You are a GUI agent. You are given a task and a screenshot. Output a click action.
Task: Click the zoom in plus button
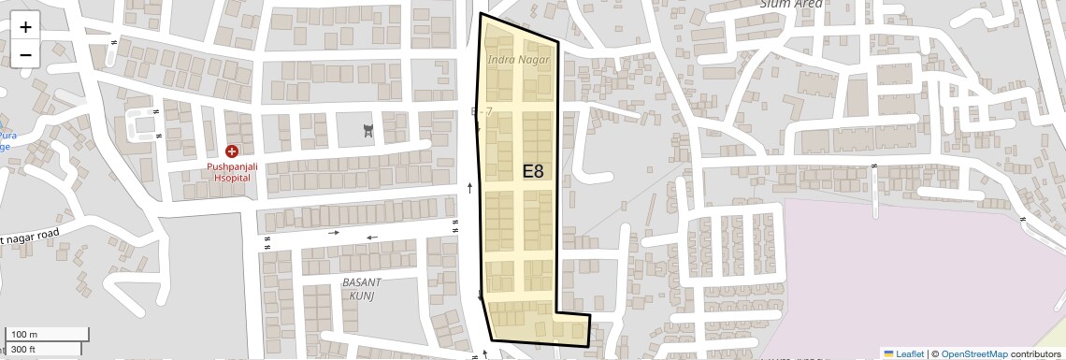(x=25, y=27)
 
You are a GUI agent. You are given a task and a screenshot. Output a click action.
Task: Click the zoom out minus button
(x=25, y=54)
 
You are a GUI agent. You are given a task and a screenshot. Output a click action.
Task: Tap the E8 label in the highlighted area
(x=533, y=171)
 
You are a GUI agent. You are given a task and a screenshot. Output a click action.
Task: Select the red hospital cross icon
(x=231, y=151)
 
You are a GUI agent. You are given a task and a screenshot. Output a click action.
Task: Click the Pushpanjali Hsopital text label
(x=230, y=171)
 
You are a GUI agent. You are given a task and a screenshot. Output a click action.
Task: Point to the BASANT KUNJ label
(x=362, y=289)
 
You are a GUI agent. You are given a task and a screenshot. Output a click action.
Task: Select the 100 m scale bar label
(x=24, y=335)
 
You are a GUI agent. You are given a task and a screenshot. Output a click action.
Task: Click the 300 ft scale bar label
(x=23, y=350)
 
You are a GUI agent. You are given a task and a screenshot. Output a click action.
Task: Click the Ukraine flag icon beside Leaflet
(x=889, y=353)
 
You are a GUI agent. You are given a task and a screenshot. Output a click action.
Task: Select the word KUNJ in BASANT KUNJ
(x=362, y=295)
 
